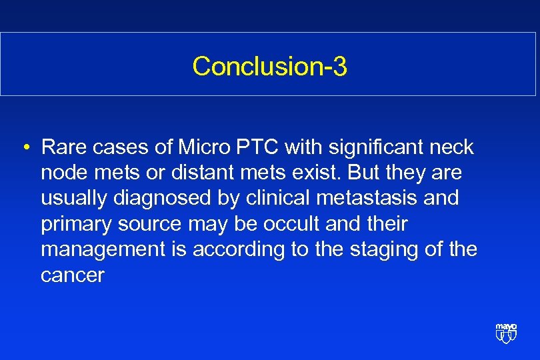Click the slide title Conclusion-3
pyautogui.click(x=269, y=66)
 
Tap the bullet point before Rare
pyautogui.click(x=24, y=147)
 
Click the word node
pyautogui.click(x=63, y=173)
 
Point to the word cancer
pyautogui.click(x=72, y=275)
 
